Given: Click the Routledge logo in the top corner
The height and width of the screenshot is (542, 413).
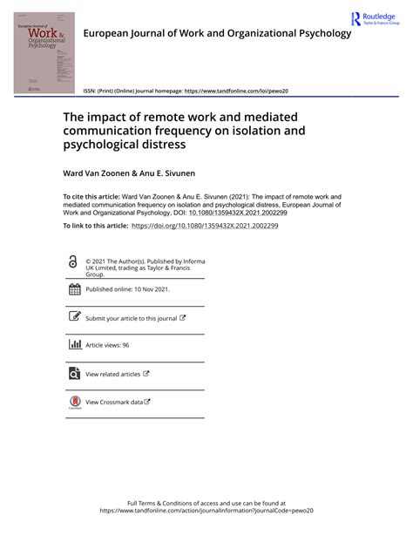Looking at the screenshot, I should [x=376, y=19].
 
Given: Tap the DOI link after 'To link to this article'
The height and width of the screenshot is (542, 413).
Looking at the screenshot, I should [x=205, y=226].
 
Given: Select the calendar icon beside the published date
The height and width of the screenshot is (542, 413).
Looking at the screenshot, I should [x=74, y=289].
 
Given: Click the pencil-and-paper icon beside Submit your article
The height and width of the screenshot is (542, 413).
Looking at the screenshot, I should [x=74, y=317].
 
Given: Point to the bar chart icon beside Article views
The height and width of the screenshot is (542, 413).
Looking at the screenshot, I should [x=74, y=344].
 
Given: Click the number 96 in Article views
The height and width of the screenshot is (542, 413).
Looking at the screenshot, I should [x=125, y=345].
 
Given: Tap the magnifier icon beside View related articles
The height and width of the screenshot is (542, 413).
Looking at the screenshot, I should [x=74, y=373].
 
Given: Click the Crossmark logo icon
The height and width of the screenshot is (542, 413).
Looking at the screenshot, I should [x=74, y=402].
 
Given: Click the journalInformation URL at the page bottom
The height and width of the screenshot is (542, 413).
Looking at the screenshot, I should [x=206, y=512].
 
